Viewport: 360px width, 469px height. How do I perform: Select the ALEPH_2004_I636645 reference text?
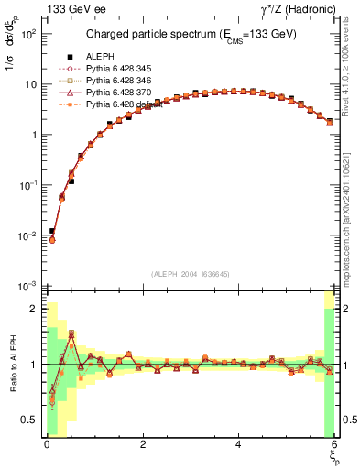pyautogui.click(x=190, y=273)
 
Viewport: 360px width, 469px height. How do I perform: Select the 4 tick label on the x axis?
pyautogui.click(x=239, y=444)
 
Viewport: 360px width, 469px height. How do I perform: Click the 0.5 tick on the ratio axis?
pyautogui.click(x=29, y=420)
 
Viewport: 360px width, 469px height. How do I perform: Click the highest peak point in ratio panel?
pyautogui.click(x=71, y=333)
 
